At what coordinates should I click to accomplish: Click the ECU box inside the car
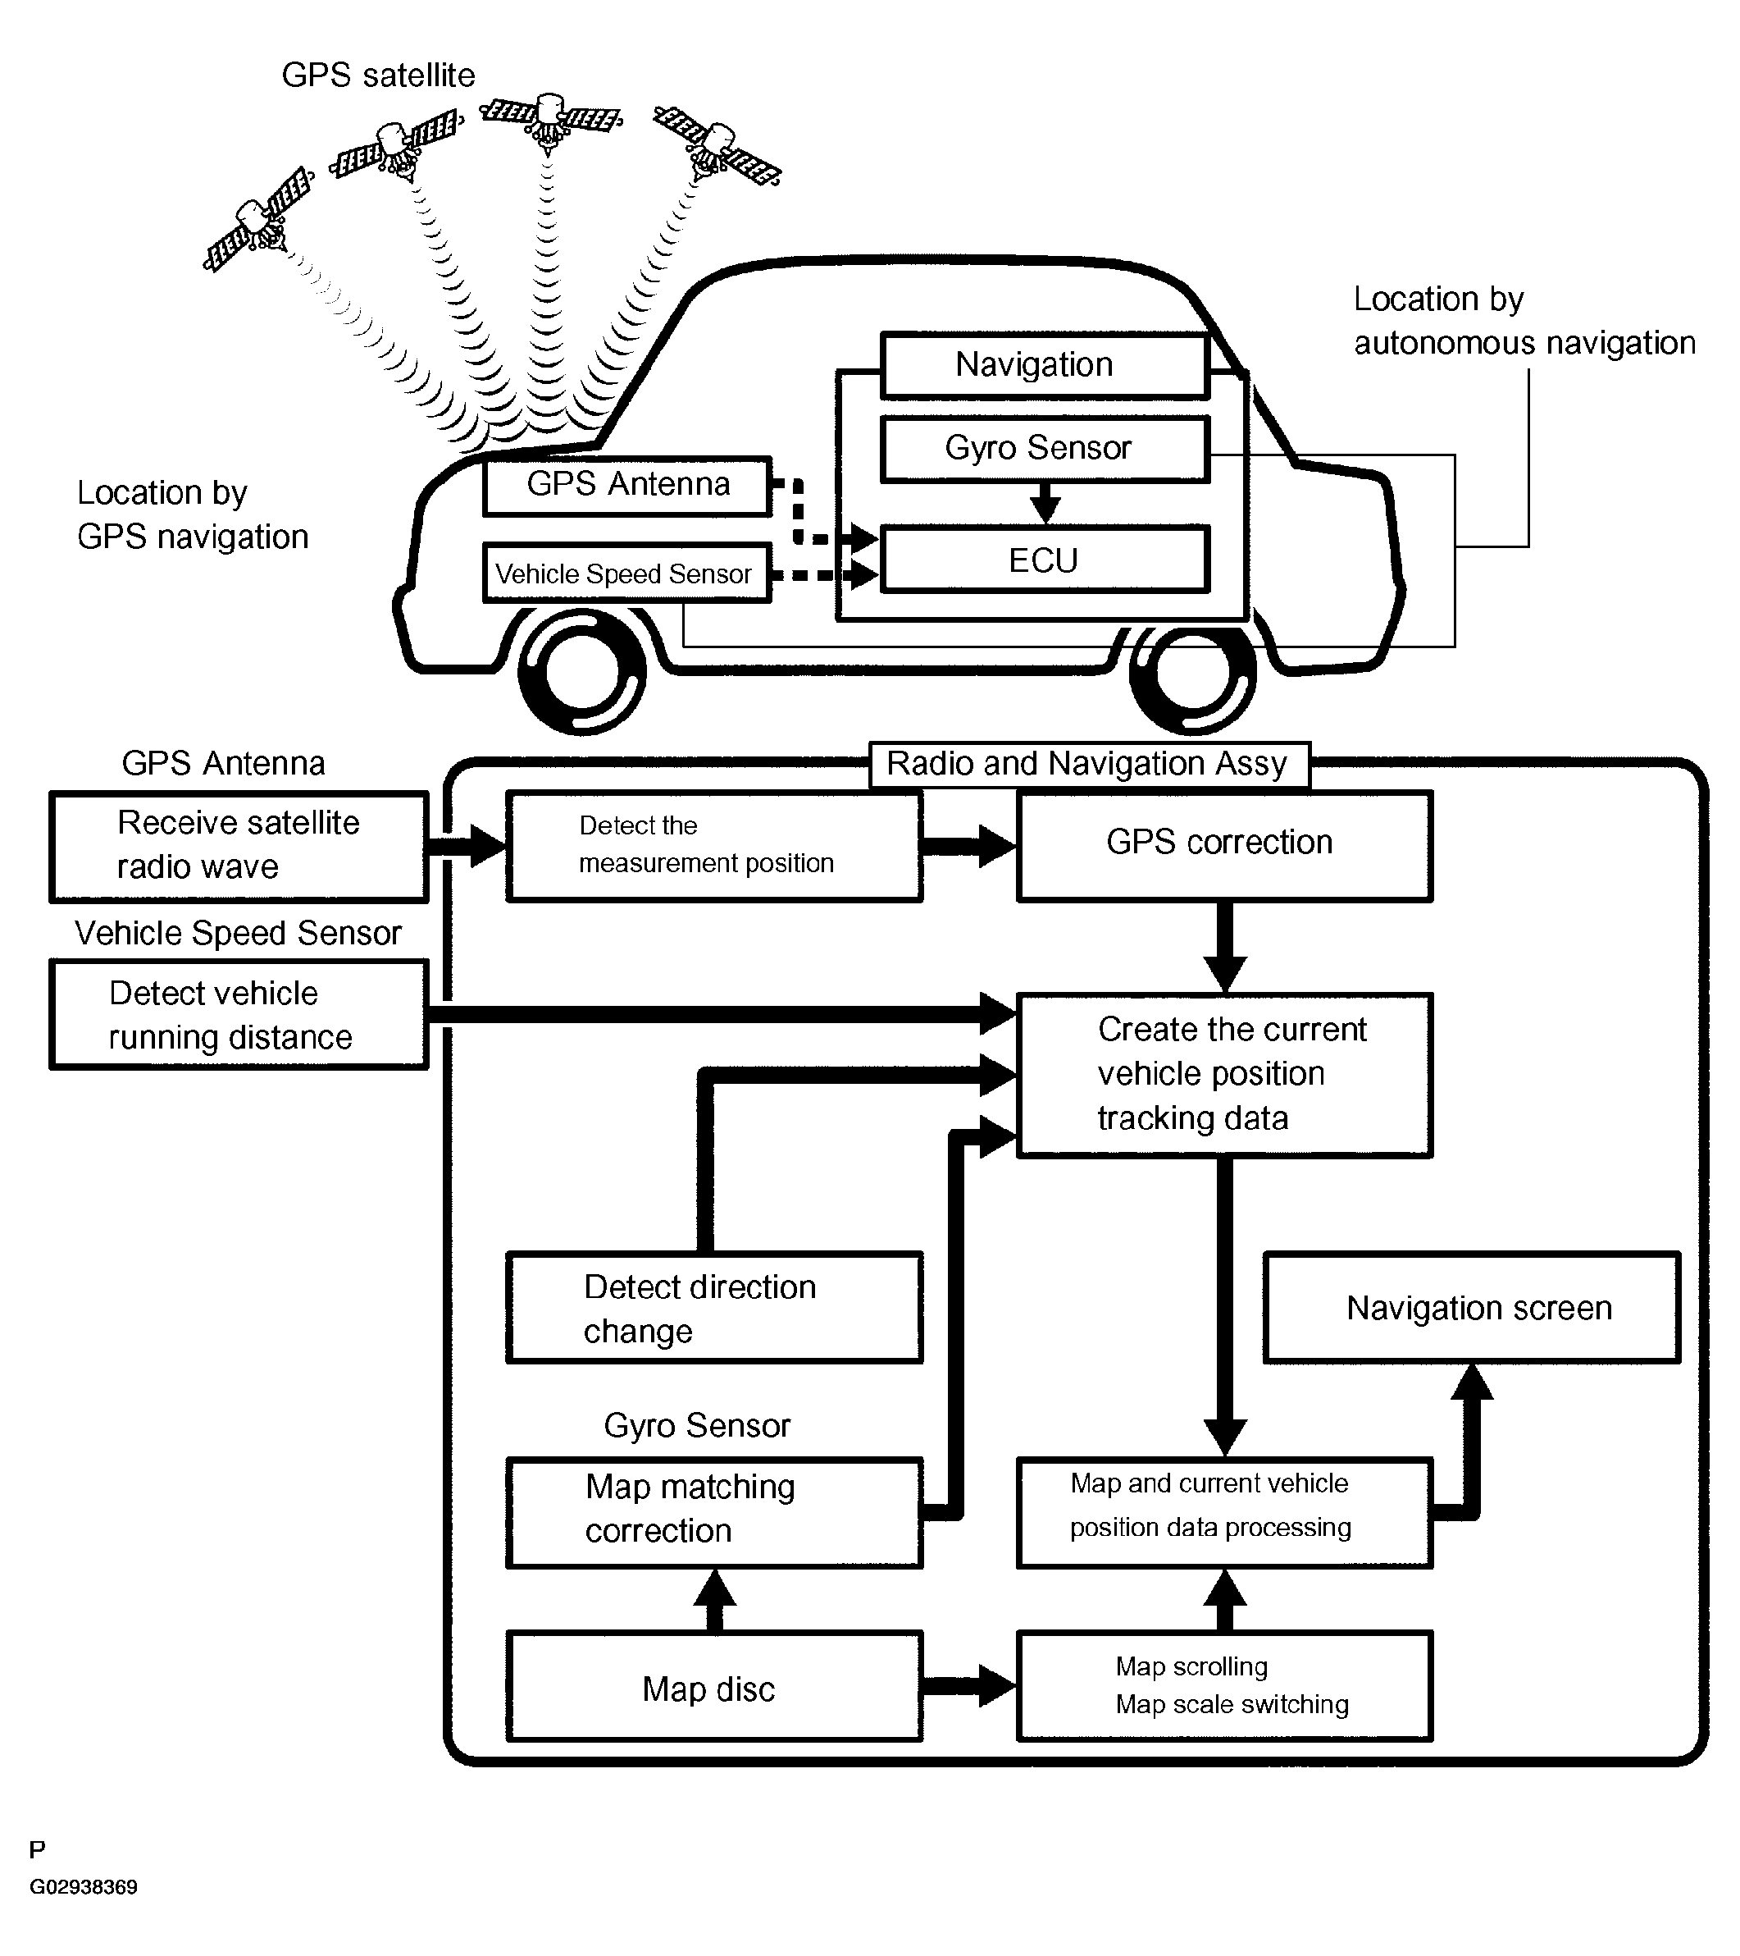tap(1044, 560)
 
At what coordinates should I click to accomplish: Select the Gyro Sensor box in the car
tap(1044, 448)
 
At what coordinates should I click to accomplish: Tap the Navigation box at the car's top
tap(1044, 364)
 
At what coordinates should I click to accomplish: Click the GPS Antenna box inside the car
tap(627, 485)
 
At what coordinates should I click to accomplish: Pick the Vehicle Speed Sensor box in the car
tap(626, 574)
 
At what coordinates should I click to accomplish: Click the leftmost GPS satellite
tap(258, 220)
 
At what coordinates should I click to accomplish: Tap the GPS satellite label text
tap(378, 75)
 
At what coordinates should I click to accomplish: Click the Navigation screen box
tap(1471, 1308)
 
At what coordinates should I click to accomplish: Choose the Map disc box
tap(713, 1689)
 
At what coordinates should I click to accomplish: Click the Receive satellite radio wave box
tap(238, 846)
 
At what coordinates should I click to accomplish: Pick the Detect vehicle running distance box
tap(238, 1014)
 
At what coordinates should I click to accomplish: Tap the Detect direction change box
tap(713, 1308)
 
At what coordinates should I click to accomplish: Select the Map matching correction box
tap(713, 1512)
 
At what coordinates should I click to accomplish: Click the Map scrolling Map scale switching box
tap(1223, 1689)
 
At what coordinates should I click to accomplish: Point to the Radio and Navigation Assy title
tap(1087, 764)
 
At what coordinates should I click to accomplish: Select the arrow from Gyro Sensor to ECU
tap(1045, 501)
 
